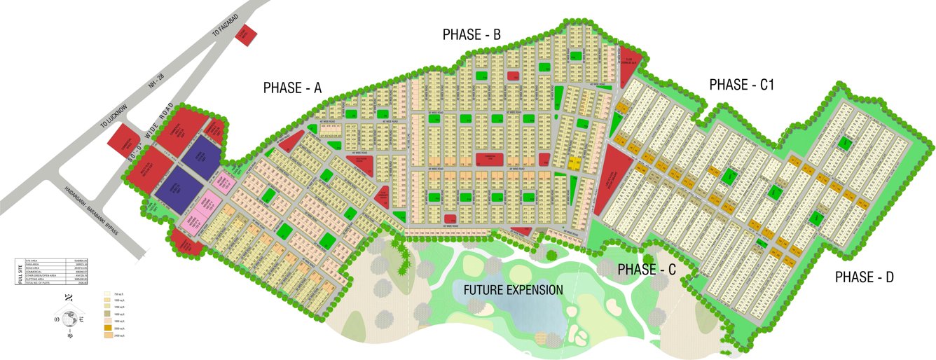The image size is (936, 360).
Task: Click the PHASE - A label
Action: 292,88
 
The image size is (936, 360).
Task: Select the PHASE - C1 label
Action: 741,85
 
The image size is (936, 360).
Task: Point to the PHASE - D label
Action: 864,277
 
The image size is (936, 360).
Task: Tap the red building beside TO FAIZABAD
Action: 246,35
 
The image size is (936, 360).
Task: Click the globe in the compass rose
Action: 69,318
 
